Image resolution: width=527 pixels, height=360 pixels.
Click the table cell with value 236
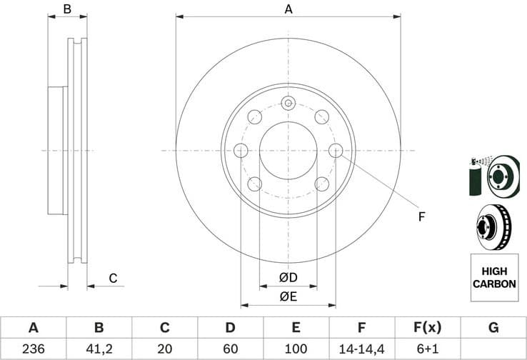33,349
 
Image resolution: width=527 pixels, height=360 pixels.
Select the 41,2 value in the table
99,349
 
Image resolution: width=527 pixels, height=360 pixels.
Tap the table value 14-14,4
362,349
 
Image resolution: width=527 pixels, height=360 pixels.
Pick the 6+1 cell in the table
428,349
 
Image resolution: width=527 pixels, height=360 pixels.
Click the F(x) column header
428,328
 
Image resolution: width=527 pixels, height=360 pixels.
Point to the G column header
493,328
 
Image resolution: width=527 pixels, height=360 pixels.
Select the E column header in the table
296,328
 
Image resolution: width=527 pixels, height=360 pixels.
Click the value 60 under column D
231,349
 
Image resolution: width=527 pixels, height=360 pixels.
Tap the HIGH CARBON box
493,278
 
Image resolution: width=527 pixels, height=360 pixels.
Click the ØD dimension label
288,277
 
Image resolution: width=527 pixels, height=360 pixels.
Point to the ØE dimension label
288,296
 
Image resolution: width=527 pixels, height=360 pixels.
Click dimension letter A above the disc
288,9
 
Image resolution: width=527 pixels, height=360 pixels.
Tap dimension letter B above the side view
67,9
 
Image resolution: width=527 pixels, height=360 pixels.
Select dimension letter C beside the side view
112,278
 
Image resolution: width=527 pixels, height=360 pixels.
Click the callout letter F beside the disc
421,216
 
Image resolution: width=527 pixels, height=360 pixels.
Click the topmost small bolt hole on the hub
288,103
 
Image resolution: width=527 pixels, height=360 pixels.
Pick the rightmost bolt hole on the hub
336,150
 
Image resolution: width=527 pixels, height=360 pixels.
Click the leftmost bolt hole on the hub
241,150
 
